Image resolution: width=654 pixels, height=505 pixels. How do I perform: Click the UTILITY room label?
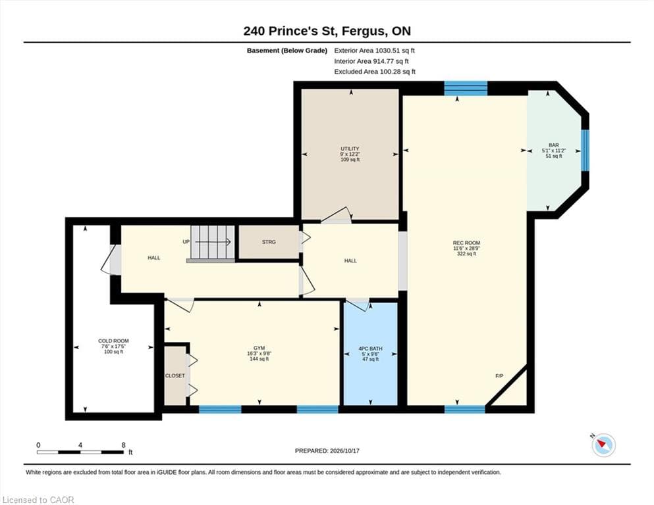[350, 149]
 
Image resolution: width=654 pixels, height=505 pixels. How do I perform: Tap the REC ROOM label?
[466, 243]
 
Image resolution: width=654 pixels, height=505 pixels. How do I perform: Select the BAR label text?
[554, 145]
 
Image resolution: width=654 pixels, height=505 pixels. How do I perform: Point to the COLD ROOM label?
[113, 341]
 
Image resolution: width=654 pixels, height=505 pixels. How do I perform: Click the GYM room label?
[259, 349]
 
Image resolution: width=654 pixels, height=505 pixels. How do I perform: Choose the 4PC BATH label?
[370, 349]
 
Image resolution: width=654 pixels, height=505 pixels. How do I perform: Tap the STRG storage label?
[269, 242]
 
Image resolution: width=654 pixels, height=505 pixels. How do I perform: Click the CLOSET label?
[175, 375]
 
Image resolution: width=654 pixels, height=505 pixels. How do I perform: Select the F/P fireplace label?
[499, 376]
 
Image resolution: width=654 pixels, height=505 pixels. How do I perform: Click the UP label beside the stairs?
[186, 242]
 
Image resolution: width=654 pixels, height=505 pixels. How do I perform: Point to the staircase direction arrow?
[213, 242]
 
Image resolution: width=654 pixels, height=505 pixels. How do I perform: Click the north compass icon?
[603, 445]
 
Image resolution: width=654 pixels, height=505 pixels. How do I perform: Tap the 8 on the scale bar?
[123, 445]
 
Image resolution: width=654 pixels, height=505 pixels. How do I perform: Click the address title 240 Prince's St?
[290, 31]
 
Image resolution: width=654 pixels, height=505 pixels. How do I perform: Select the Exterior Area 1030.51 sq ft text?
[375, 51]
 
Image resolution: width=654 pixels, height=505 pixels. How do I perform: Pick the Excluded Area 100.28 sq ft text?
[375, 72]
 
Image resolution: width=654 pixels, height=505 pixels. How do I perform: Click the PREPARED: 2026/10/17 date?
[327, 451]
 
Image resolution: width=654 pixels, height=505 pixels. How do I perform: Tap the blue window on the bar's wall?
[586, 151]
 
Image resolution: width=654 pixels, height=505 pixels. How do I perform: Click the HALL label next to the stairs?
[154, 258]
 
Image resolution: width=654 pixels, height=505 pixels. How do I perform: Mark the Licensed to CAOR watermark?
[38, 500]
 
